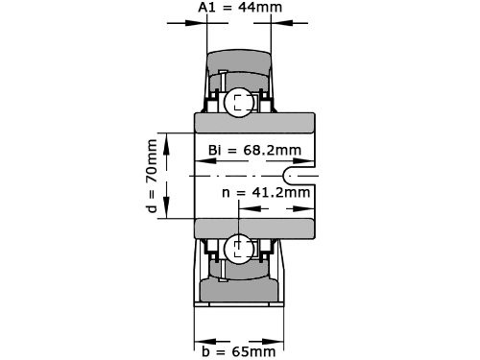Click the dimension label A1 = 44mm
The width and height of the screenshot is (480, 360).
coord(240,9)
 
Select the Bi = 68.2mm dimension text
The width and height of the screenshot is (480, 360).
coord(254,150)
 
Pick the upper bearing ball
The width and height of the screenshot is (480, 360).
coord(237,103)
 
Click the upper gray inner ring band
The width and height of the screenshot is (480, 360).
coord(254,124)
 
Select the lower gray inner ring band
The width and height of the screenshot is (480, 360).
coord(254,229)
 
